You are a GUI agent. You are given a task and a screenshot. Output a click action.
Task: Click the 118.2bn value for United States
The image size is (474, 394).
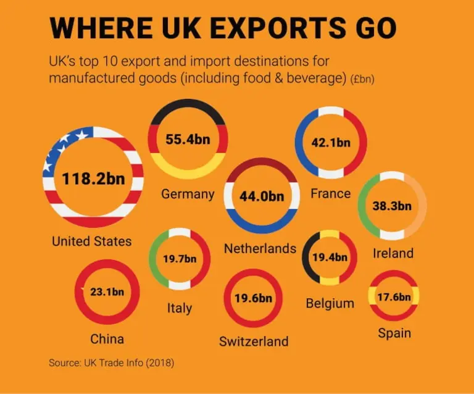click(93, 179)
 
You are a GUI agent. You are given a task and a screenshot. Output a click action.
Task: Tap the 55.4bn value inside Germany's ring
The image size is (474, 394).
click(188, 140)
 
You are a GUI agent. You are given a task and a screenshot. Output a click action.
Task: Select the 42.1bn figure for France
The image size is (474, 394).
click(331, 143)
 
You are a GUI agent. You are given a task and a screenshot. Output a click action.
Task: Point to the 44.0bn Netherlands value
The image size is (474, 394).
click(262, 197)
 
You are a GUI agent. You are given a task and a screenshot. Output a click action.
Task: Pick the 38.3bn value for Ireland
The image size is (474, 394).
click(392, 206)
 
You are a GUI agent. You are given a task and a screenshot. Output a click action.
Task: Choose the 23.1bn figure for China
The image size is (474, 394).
click(107, 291)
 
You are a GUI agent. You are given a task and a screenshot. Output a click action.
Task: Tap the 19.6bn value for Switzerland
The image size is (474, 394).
click(253, 298)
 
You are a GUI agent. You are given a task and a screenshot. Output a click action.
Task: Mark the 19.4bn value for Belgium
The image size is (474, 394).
click(330, 258)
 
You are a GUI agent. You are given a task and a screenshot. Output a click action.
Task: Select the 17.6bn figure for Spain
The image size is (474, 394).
click(394, 297)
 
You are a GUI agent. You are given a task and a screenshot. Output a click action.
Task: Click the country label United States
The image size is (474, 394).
click(91, 241)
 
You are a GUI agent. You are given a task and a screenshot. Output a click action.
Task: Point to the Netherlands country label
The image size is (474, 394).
click(260, 248)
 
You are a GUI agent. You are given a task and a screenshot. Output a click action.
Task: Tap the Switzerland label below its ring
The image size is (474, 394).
click(254, 341)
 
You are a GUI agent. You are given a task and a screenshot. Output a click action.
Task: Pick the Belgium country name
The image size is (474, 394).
click(330, 303)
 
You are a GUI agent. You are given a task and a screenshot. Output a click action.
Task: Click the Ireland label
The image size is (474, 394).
click(393, 253)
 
